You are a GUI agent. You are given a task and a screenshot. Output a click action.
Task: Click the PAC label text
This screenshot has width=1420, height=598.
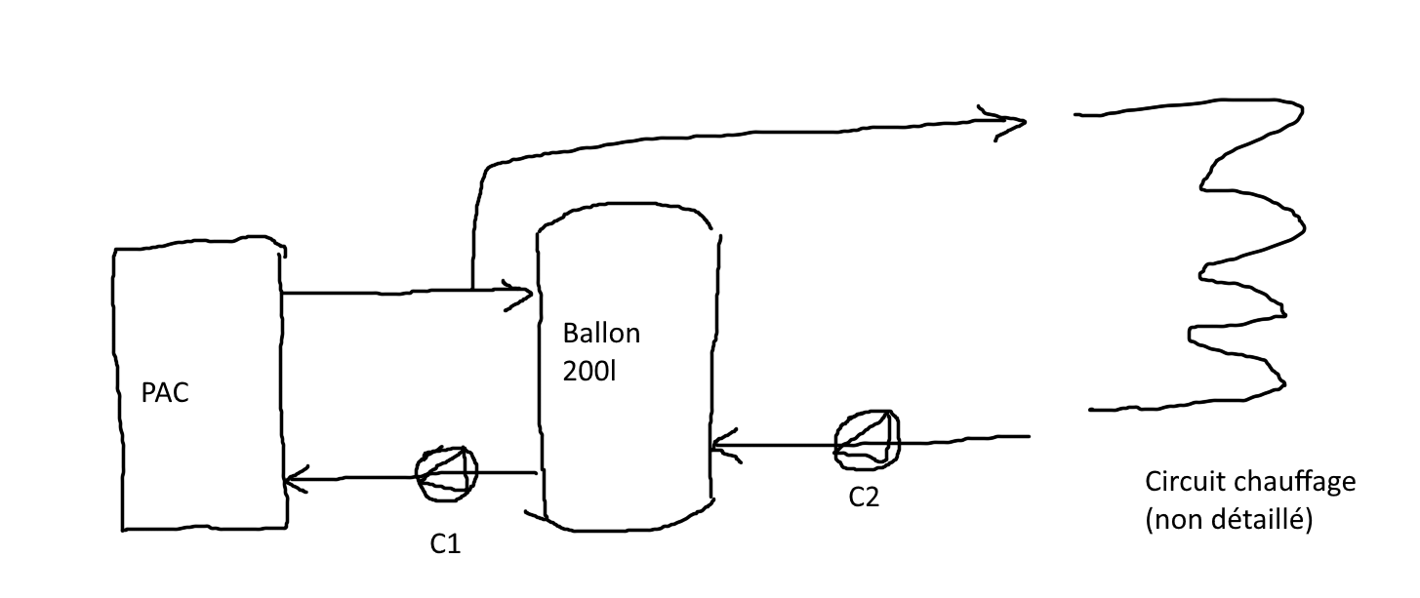(165, 394)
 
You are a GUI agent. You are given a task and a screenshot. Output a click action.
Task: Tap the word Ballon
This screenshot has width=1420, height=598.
(601, 334)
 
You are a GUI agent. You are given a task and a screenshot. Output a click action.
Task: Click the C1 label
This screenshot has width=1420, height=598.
(445, 545)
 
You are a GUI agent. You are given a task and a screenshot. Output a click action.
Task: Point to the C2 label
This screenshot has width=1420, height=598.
(864, 498)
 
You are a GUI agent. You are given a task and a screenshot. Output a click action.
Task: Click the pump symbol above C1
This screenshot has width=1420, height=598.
(447, 473)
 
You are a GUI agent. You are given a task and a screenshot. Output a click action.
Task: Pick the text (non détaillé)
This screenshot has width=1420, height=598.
(1230, 521)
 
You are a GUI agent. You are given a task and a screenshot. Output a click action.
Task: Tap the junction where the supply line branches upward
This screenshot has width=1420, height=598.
(472, 290)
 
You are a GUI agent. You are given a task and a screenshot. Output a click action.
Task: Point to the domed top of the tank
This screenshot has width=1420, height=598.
(625, 207)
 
